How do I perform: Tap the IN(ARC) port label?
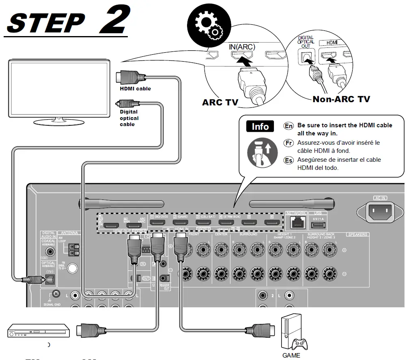pos(242,47)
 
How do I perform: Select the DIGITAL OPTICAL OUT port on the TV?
pos(306,58)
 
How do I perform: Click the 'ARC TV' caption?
pos(220,102)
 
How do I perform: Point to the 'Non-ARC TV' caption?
pos(341,99)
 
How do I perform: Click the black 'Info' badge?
pos(260,126)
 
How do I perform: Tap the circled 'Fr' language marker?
pos(288,143)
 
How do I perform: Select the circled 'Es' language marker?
pos(288,160)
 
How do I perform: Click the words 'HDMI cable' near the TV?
pos(135,89)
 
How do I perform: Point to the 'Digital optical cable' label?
pos(129,118)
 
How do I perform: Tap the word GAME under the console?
pos(291,356)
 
